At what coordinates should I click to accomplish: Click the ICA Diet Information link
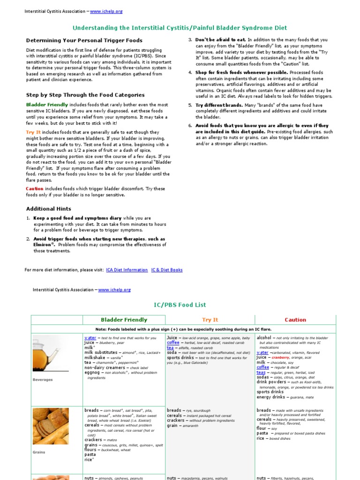click(127, 270)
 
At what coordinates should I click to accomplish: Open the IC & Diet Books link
click(167, 270)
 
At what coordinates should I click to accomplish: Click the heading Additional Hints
click(49, 209)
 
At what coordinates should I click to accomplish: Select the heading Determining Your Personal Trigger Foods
click(84, 40)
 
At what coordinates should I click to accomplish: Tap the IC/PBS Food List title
click(180, 305)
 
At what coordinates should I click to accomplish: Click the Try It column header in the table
click(210, 320)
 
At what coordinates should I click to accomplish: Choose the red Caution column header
click(295, 320)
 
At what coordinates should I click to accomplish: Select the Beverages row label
click(43, 380)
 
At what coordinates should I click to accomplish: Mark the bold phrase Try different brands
click(219, 105)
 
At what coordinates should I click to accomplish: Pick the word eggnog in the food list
click(92, 373)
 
